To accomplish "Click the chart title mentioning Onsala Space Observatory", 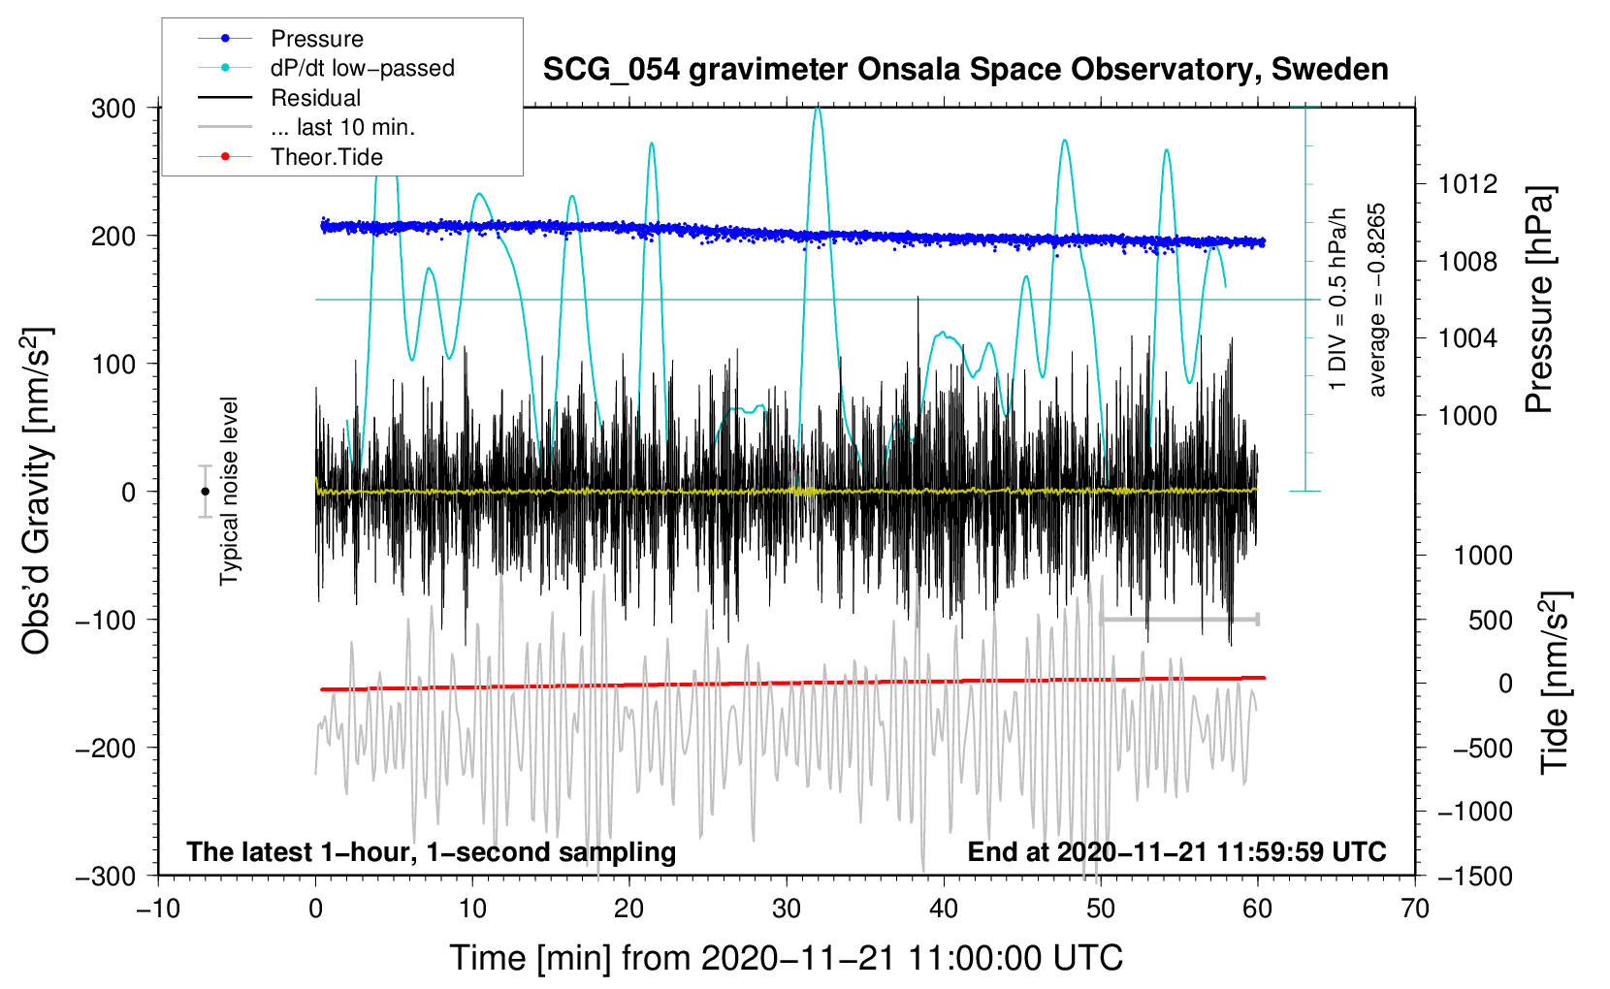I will [x=965, y=70].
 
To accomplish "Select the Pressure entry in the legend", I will [x=316, y=39].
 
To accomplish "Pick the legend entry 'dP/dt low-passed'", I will [x=362, y=68].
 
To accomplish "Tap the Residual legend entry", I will [x=315, y=98].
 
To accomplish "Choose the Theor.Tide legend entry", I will [x=327, y=157].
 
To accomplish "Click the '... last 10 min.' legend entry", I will [x=342, y=127].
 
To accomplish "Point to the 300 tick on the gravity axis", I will [x=113, y=108].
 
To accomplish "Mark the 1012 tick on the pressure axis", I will [x=1467, y=184].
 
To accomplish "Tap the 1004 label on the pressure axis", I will [x=1467, y=338].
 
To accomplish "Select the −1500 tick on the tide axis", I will [x=1474, y=876].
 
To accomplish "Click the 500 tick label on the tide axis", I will [x=1490, y=620].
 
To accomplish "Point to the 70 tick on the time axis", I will [x=1415, y=909].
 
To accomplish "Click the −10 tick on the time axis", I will [x=158, y=909].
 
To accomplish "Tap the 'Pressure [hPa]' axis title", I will [x=1539, y=300].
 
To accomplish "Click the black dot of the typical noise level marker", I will [x=205, y=492].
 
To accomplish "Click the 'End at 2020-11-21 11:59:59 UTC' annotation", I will [x=1176, y=851].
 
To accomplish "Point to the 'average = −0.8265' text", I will [x=1377, y=300].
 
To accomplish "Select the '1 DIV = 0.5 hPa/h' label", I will [x=1338, y=300].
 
